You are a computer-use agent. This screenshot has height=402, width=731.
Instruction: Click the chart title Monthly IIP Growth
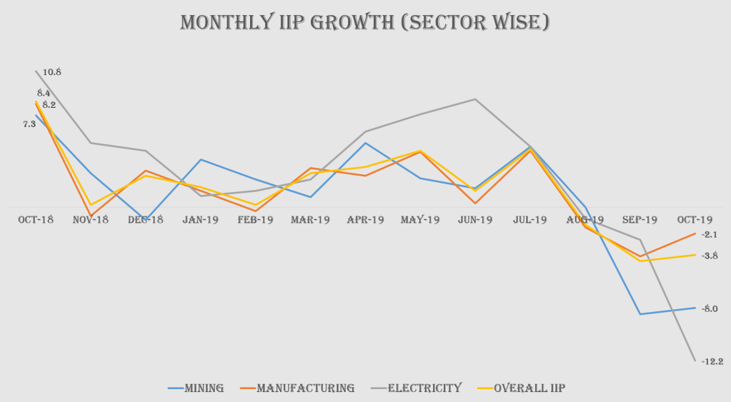pyautogui.click(x=365, y=22)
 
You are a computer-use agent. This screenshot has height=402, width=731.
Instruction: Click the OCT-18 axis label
pyautogui.click(x=36, y=220)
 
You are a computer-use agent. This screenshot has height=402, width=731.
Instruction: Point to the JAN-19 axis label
pyautogui.click(x=200, y=220)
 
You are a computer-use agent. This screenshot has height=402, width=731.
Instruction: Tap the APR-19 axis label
pyautogui.click(x=365, y=220)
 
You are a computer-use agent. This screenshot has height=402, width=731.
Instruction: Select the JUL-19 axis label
pyautogui.click(x=529, y=220)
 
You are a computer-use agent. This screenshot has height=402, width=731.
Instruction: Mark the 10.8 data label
pyautogui.click(x=52, y=72)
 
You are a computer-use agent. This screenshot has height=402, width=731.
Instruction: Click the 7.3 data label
pyautogui.click(x=29, y=124)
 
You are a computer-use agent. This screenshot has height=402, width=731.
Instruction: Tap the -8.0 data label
pyautogui.click(x=710, y=308)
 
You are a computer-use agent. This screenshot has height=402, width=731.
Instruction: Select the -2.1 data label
pyautogui.click(x=710, y=234)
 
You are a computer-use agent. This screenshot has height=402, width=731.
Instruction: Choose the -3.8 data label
pyautogui.click(x=710, y=256)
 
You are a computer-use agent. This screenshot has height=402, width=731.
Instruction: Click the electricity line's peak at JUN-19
pyautogui.click(x=475, y=99)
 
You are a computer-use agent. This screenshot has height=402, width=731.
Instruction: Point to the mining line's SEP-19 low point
pyautogui.click(x=640, y=314)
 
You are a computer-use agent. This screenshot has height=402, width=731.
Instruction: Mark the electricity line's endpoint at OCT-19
pyautogui.click(x=695, y=361)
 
